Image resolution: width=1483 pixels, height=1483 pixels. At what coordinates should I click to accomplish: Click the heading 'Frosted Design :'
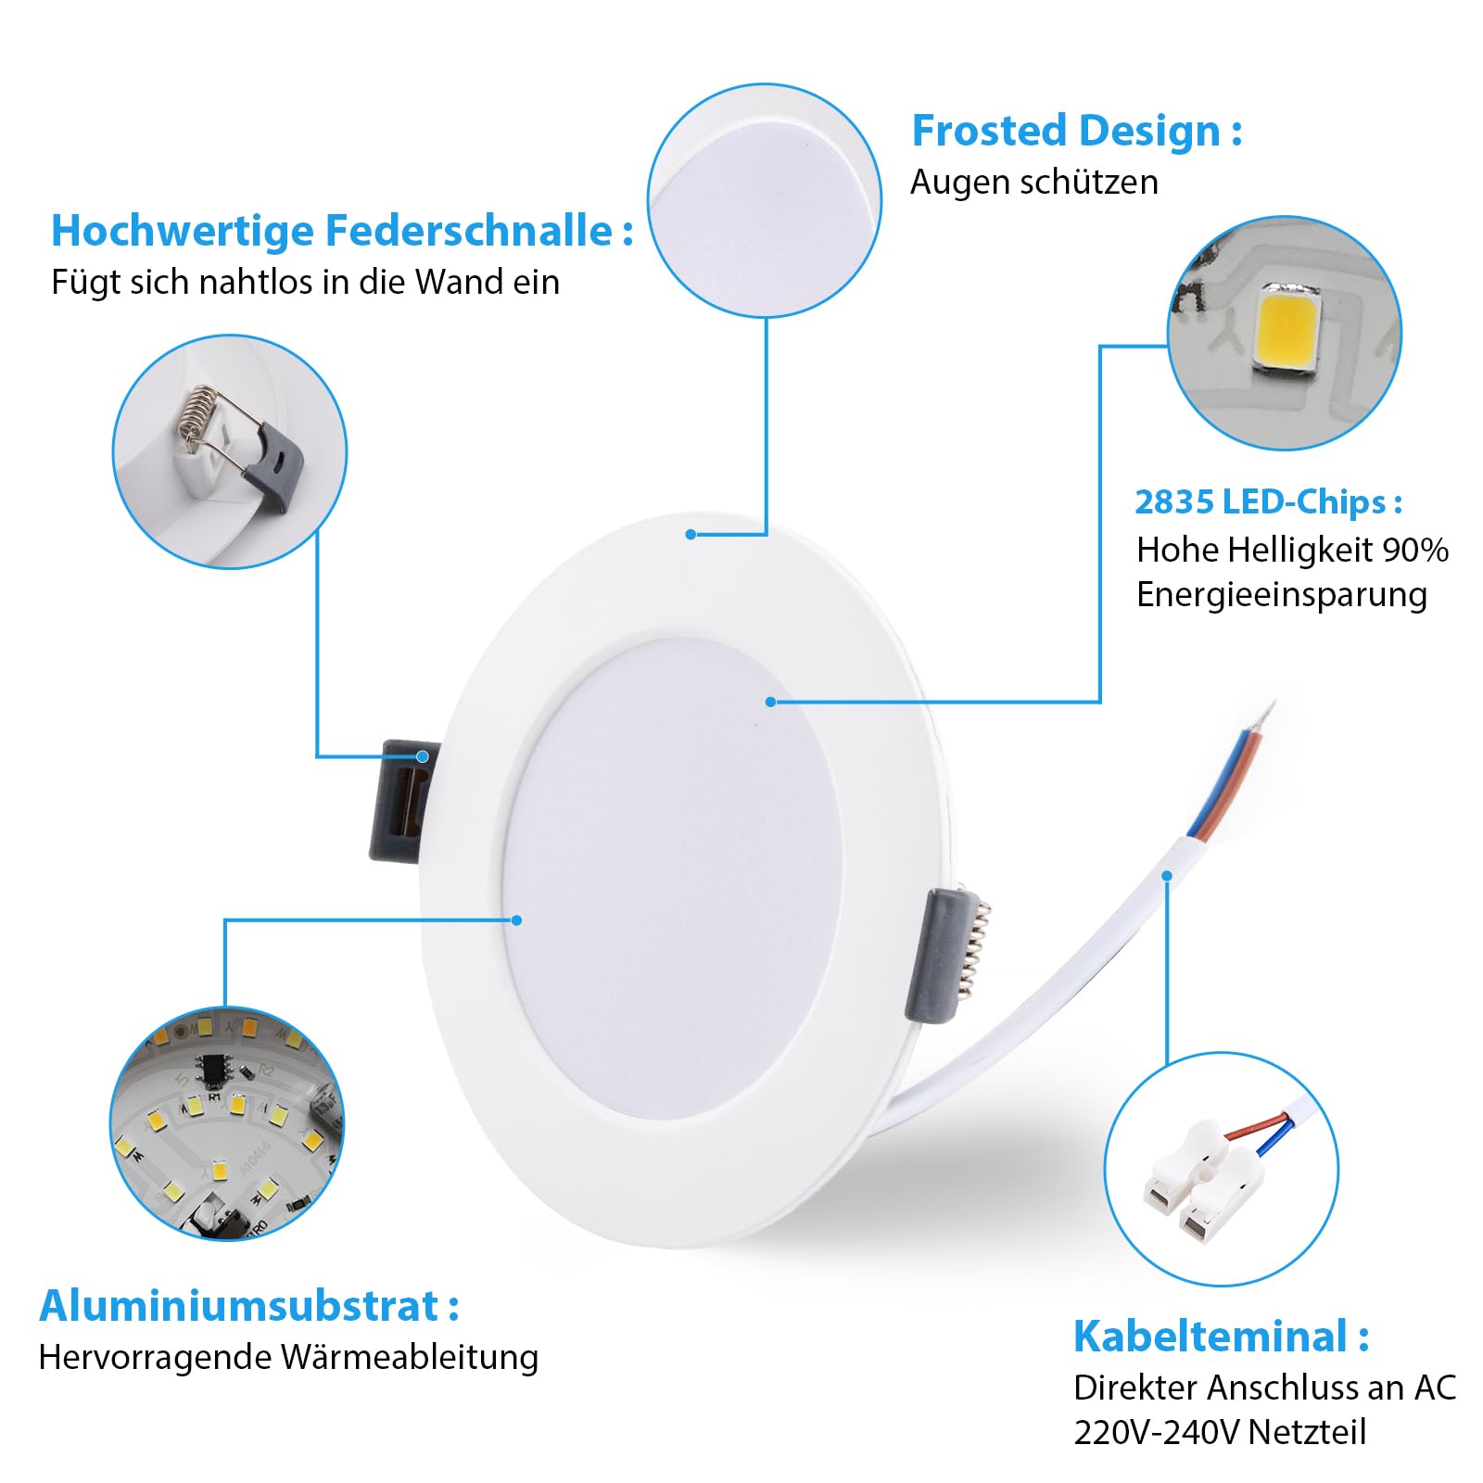1076,131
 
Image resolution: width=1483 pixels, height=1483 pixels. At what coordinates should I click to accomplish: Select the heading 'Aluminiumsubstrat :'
249,1306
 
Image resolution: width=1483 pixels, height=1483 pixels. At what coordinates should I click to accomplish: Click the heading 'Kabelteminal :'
1221,1337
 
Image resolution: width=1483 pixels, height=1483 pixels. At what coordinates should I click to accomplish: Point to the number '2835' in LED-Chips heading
1174,502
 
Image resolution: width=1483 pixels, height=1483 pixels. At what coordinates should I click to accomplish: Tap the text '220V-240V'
1156,1432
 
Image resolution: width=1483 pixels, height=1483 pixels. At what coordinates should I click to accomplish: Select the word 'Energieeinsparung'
1282,595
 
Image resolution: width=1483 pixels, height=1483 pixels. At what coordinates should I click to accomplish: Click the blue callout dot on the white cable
1167,876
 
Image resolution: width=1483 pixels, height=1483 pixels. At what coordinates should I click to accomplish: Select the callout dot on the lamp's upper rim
691,535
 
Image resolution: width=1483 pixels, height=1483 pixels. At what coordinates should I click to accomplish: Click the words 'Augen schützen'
1034,183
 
